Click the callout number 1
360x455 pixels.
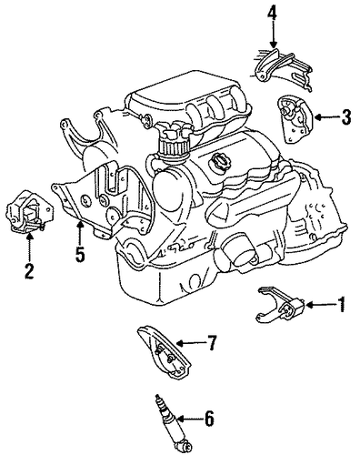pos(341,304)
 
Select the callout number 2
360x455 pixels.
pos(29,271)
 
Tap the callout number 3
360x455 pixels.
pos(345,117)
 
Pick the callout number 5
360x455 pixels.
pos(80,254)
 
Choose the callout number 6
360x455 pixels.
pos(209,419)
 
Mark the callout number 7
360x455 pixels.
pos(212,343)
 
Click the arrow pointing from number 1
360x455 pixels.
pos(321,305)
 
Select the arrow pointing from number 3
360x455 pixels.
pos(326,117)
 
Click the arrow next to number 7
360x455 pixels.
pos(191,343)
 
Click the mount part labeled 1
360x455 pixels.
pos(280,305)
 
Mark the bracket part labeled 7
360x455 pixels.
pos(164,352)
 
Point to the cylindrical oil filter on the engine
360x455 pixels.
pos(237,250)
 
